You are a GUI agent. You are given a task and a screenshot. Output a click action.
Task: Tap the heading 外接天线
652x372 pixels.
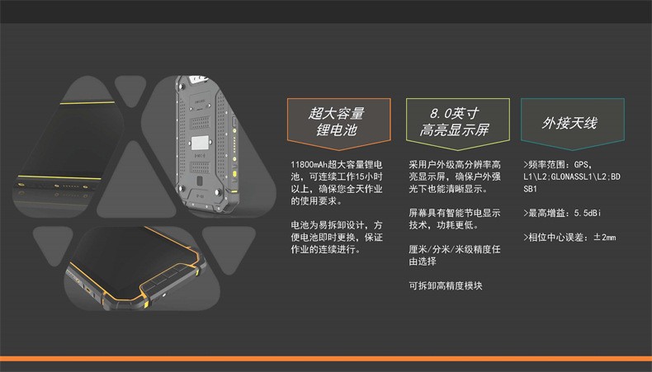click(x=569, y=123)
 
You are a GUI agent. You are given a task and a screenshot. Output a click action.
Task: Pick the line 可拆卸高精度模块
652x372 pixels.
click(x=445, y=286)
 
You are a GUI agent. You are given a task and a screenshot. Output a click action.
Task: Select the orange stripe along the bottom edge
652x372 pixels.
click(x=326, y=358)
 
